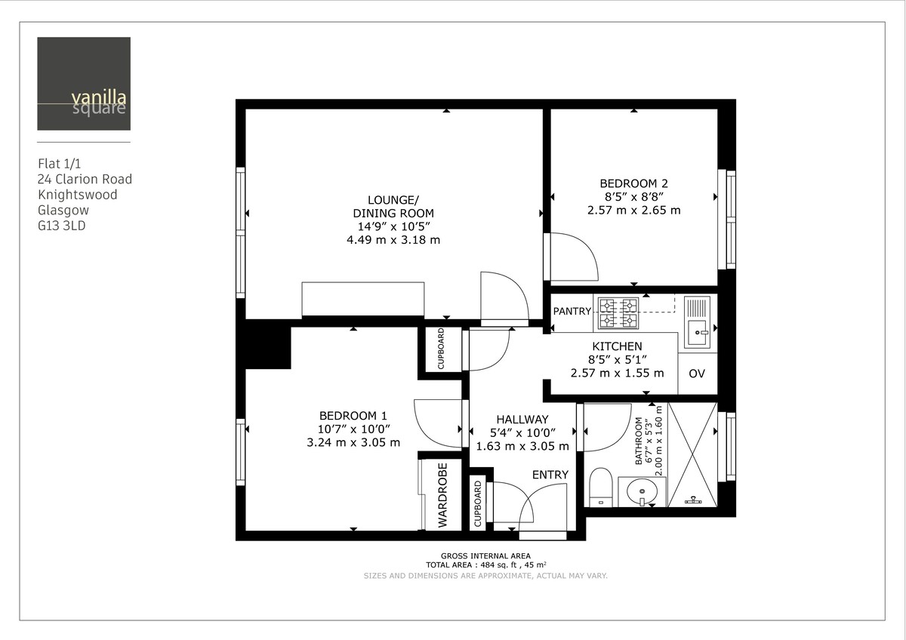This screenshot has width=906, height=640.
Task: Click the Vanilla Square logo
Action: coord(84,84)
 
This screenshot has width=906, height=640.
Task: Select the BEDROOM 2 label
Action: coord(633,183)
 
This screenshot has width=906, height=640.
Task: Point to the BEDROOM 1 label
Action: coord(353,416)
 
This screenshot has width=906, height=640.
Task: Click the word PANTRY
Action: coord(572,311)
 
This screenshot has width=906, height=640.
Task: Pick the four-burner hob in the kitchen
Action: coord(618,314)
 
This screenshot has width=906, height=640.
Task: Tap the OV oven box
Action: coord(696,374)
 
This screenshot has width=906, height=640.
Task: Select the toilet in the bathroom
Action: coord(600,487)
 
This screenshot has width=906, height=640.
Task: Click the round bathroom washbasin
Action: coord(642,492)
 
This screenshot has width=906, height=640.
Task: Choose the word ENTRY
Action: coord(550,474)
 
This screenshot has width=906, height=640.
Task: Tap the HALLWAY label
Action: coord(522,420)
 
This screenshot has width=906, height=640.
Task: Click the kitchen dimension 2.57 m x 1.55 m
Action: coord(617,373)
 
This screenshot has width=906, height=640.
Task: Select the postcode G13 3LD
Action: coord(62,226)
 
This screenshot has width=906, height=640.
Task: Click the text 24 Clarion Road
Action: coord(85,179)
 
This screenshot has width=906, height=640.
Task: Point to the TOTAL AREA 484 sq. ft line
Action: coord(485,565)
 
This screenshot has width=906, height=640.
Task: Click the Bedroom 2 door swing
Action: coord(574,258)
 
